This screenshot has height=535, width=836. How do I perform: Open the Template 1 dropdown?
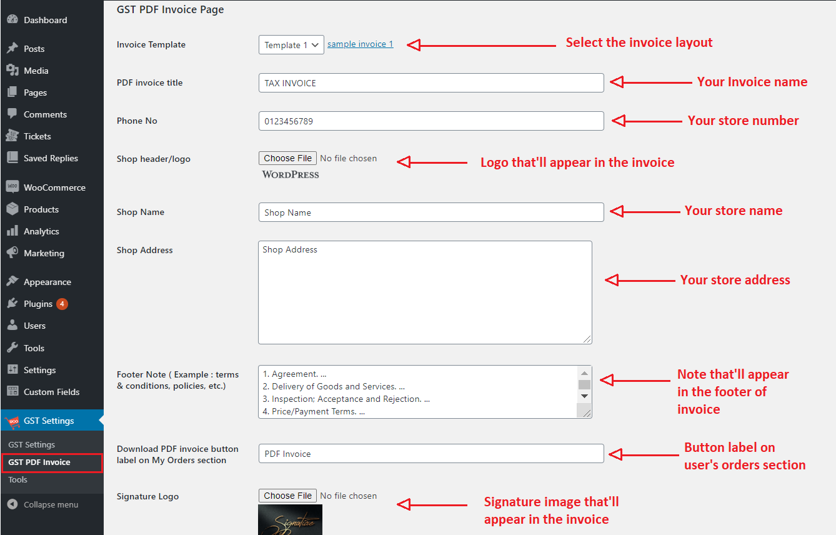point(291,45)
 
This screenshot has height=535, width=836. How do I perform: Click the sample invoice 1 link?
point(360,44)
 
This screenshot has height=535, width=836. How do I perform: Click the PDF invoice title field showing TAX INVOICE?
point(431,83)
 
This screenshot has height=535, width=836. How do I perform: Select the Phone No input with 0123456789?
point(431,121)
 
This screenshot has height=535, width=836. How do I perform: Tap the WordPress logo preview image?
point(291,175)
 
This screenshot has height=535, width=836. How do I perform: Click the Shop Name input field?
point(431,212)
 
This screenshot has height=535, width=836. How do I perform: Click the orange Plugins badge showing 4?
point(62,304)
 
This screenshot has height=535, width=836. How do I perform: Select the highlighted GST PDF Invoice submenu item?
point(52,462)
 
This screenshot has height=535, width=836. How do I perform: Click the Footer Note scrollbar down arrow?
point(584,396)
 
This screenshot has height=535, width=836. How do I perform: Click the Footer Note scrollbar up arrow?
point(584,373)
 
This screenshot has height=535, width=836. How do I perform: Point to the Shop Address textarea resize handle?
point(587,339)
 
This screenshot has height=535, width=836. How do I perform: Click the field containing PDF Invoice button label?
point(431,454)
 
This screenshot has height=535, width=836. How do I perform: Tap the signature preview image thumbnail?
point(290,520)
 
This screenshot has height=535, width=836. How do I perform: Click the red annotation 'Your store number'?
point(743,121)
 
